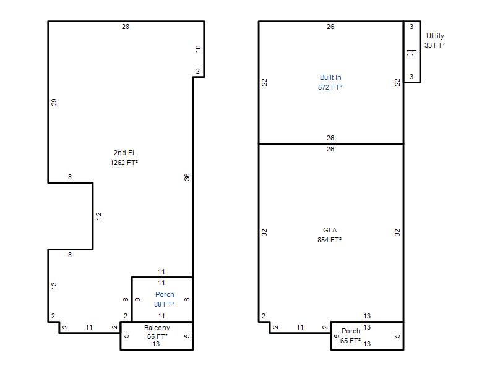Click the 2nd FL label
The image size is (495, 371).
125,153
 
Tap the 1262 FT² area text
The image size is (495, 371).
124,163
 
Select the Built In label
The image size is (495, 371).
330,77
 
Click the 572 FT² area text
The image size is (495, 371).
330,87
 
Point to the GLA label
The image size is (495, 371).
330,230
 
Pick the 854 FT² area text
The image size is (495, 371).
329,240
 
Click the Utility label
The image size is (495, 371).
435,36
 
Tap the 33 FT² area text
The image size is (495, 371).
434,45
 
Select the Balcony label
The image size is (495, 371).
157,328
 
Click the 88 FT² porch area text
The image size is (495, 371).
164,304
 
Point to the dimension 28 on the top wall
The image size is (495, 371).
126,27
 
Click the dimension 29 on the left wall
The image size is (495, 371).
54,102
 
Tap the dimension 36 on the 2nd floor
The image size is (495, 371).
187,177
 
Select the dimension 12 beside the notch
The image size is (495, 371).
98,216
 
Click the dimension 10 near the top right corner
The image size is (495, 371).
198,49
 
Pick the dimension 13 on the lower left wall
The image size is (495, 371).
54,286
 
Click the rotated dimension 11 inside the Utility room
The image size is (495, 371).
411,53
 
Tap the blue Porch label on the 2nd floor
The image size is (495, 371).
165,294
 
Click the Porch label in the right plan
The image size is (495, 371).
351,331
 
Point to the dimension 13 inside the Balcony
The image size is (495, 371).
156,344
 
